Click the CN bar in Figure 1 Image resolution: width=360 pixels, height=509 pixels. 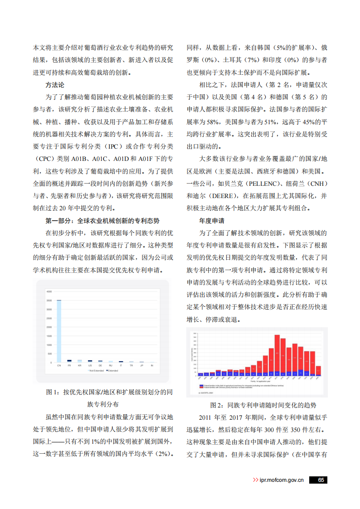click(59, 331)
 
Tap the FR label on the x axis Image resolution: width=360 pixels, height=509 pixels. click(69, 365)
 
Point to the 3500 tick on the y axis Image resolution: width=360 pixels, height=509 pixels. click(49, 300)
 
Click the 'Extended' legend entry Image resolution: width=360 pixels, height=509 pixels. click(112, 371)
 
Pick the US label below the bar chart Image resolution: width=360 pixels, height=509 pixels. click(90, 365)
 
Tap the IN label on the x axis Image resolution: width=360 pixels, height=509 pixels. click(152, 365)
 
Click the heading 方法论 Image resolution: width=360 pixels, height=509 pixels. click(55, 85)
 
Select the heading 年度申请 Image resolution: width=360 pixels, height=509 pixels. click(211, 221)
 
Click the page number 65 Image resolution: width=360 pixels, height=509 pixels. click(320, 480)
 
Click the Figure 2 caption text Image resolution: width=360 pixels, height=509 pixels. click(257, 405)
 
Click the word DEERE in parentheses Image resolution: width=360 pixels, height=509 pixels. click(214, 196)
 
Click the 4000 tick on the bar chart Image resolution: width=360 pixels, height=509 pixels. click(49, 291)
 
